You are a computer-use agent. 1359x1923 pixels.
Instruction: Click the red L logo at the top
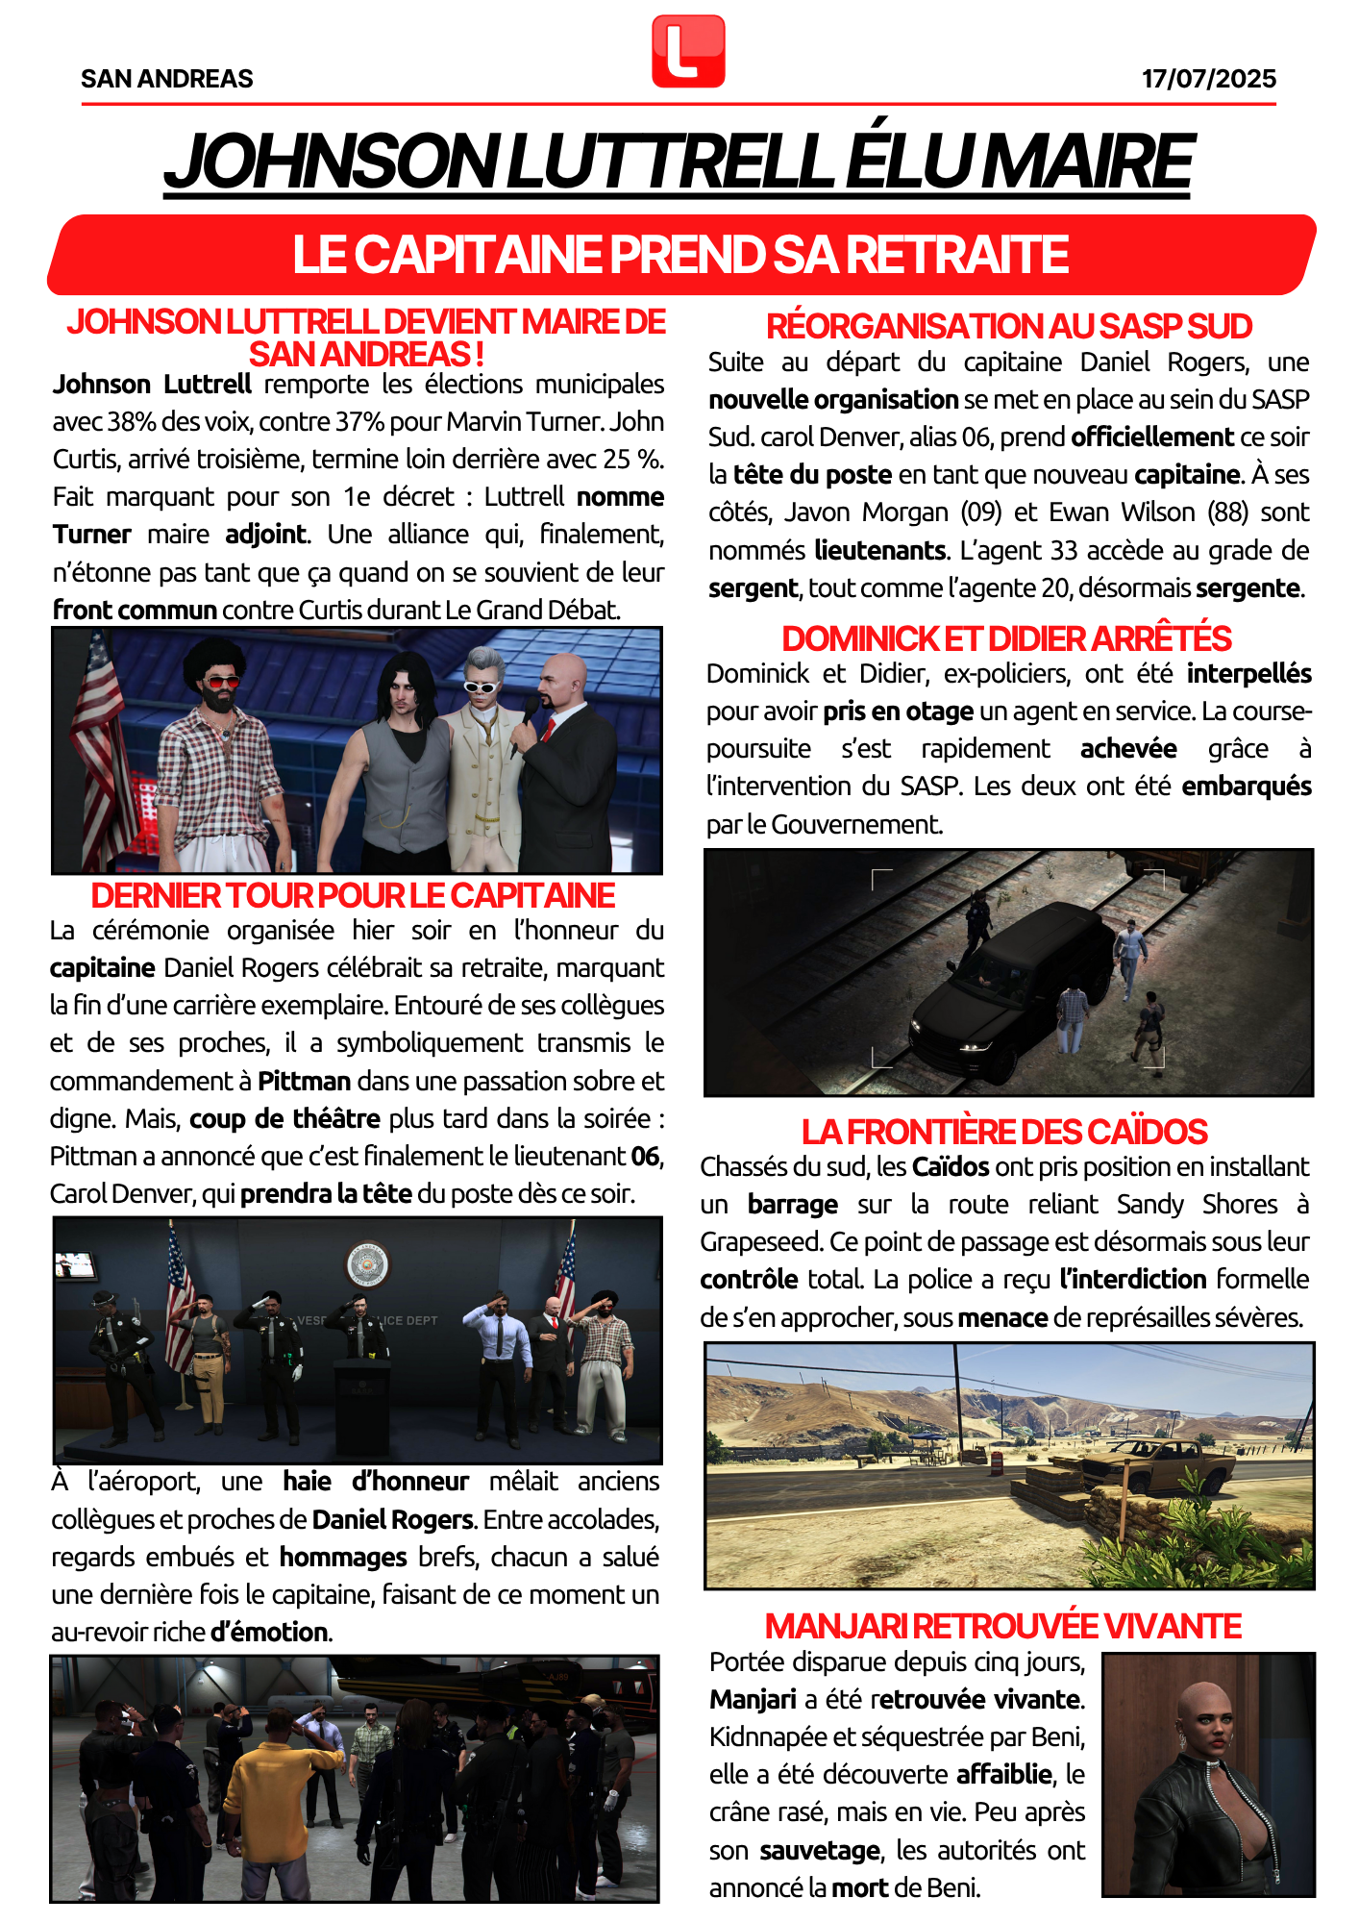coord(688,51)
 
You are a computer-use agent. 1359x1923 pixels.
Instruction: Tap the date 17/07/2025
coord(1208,79)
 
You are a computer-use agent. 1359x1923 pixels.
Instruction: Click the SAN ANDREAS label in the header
coord(167,79)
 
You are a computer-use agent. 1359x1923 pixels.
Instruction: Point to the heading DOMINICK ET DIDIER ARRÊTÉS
coord(1006,639)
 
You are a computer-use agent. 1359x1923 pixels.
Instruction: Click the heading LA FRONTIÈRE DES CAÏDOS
coord(1004,1132)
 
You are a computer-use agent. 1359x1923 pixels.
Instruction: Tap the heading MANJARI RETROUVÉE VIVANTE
coord(1003,1626)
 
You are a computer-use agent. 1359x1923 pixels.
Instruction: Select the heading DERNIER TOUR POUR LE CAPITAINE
coord(353,896)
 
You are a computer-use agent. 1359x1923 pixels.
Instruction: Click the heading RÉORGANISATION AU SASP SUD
coord(1008,327)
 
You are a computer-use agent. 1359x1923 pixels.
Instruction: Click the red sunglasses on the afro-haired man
coord(224,682)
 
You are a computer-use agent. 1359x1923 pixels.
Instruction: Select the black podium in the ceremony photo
coord(362,1404)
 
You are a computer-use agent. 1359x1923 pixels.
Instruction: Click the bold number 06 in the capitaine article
coord(647,1157)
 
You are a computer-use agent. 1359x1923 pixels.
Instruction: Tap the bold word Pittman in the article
coord(304,1082)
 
